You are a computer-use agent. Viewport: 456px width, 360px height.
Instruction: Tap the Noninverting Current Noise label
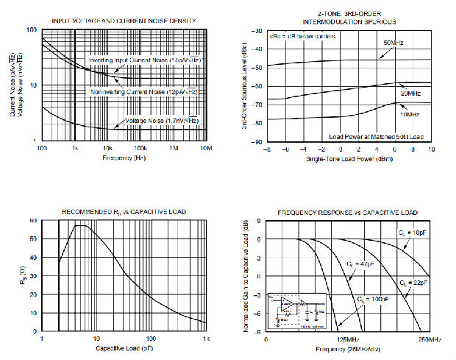pyautogui.click(x=143, y=91)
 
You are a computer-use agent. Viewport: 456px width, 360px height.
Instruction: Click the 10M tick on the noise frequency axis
pyautogui.click(x=206, y=149)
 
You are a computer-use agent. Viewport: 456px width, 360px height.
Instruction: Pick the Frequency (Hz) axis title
pyautogui.click(x=124, y=158)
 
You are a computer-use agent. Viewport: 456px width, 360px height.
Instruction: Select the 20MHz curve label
pyautogui.click(x=411, y=95)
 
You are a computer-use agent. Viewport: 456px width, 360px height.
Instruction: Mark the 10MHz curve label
pyautogui.click(x=410, y=114)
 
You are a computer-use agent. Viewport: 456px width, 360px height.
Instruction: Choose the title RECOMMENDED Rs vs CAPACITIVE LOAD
pyautogui.click(x=124, y=212)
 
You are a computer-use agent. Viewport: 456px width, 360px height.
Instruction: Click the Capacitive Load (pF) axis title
pyautogui.click(x=122, y=347)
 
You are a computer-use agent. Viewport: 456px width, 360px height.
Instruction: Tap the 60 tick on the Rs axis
pyautogui.click(x=33, y=221)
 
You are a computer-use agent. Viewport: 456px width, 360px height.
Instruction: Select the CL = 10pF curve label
pyautogui.click(x=407, y=232)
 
